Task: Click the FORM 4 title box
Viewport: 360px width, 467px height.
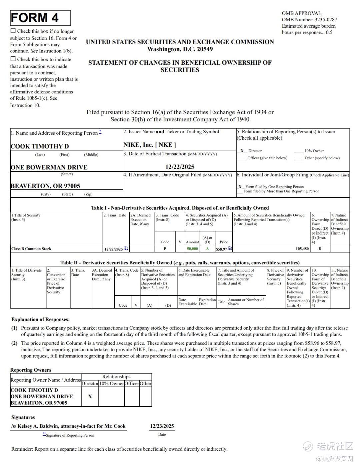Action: pos(40,18)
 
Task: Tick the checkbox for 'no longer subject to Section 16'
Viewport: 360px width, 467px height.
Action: pos(13,31)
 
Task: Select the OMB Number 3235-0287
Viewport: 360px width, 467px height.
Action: pos(309,20)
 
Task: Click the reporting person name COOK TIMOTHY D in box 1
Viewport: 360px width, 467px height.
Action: pos(40,146)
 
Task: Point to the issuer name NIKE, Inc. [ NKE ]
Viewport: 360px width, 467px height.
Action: pos(149,145)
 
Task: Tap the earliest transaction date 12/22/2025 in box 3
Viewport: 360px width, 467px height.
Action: pos(180,167)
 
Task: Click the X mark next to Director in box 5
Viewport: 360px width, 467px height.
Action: pos(242,151)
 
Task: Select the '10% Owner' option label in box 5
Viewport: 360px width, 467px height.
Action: pos(314,151)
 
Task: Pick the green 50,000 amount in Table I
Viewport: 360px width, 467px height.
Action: pos(192,249)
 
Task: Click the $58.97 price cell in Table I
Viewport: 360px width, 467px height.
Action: pos(221,249)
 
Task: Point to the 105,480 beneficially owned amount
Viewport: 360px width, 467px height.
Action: pos(302,249)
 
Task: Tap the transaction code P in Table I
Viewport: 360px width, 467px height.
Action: pos(165,249)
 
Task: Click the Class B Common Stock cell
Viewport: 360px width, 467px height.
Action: pos(31,249)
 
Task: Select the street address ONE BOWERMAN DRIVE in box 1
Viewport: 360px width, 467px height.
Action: pos(49,167)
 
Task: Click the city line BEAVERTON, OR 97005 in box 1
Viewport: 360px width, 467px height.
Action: pos(45,186)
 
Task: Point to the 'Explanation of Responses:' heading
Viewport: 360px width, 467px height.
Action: pos(40,319)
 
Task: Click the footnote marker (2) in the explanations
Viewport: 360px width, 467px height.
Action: pos(14,343)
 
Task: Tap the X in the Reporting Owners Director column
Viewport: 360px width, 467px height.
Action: pos(90,396)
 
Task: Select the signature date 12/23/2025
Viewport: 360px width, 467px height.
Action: pos(162,426)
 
